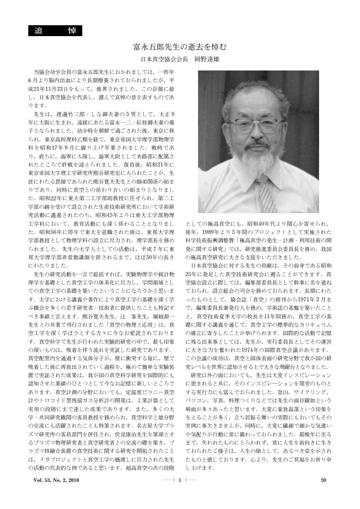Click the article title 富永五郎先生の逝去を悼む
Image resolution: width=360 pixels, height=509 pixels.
(180, 46)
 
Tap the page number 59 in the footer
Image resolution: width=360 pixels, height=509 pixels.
(323, 492)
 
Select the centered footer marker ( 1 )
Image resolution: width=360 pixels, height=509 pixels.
(180, 492)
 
